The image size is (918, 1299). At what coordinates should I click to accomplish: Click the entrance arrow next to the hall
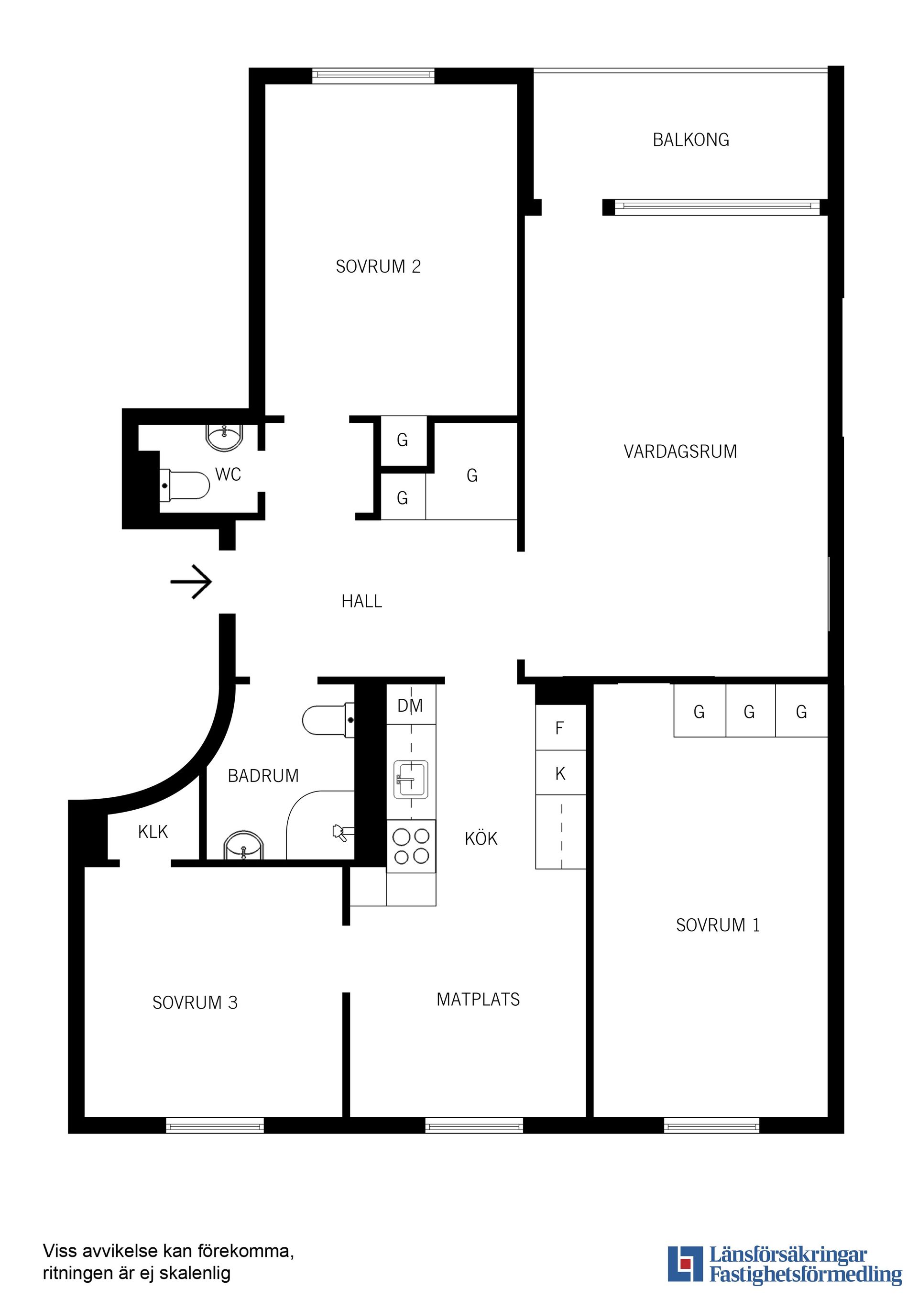click(191, 581)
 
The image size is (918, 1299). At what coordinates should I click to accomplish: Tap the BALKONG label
click(690, 140)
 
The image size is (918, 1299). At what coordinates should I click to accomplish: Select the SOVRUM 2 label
click(378, 266)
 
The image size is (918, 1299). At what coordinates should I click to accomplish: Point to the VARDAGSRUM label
click(680, 451)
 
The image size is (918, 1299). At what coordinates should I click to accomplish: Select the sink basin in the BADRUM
click(243, 847)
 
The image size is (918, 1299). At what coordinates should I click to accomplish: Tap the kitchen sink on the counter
click(411, 780)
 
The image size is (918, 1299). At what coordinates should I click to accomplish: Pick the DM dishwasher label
click(410, 705)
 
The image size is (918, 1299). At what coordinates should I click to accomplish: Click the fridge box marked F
click(560, 728)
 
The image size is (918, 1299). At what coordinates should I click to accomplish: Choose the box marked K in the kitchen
click(560, 773)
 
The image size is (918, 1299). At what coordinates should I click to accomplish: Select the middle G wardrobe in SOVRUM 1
click(749, 712)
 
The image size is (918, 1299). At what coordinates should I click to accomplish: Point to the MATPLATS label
click(478, 1000)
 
